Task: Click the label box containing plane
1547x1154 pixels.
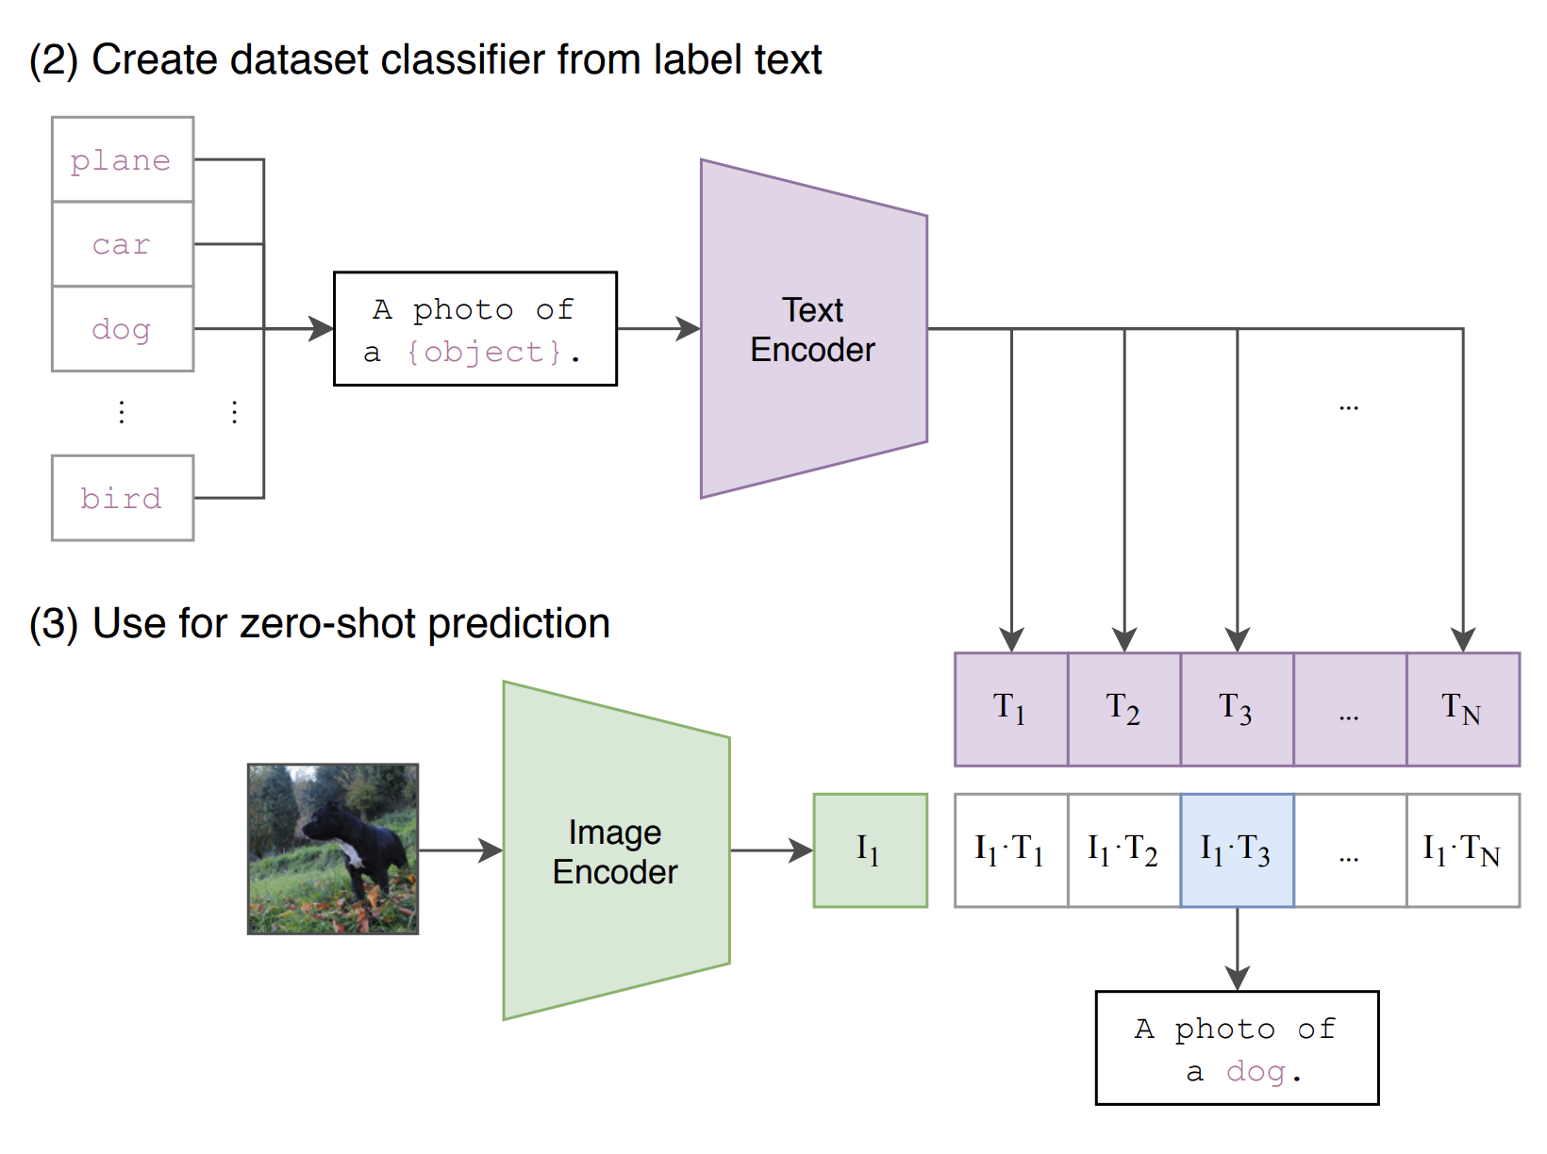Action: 123,159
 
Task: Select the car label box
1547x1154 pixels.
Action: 123,244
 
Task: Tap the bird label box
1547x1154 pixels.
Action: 123,498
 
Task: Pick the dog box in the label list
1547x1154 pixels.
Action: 123,329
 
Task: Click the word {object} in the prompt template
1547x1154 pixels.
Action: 484,353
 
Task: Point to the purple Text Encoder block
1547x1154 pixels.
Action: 813,329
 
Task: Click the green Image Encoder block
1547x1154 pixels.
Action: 616,850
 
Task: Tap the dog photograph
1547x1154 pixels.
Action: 333,849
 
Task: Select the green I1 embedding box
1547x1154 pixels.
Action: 870,850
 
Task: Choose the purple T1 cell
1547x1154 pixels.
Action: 1010,709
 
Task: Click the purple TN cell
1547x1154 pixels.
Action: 1462,709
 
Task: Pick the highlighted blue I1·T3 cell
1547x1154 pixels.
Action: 1237,850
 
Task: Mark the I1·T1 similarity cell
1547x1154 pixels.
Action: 1010,850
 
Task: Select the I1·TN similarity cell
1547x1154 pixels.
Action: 1462,850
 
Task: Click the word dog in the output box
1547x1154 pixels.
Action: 1256,1072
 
